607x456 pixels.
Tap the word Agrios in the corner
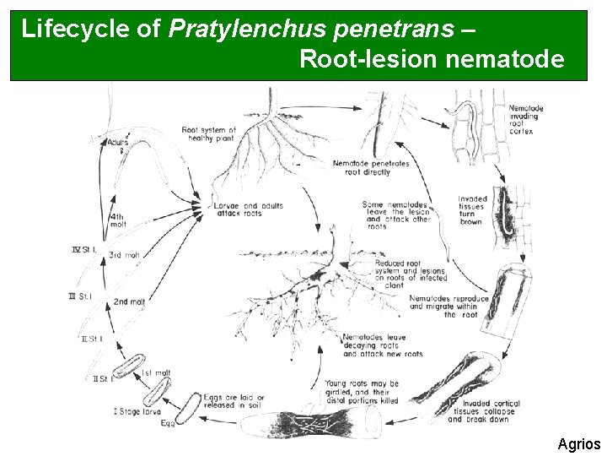[578, 443]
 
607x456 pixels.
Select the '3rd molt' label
[124, 255]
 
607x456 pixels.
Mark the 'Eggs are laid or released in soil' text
[234, 401]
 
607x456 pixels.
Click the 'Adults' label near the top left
[118, 141]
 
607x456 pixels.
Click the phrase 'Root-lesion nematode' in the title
[431, 60]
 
